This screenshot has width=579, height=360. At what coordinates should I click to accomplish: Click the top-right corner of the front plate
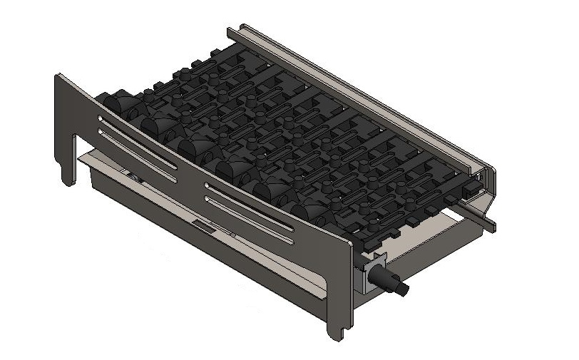point(349,243)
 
